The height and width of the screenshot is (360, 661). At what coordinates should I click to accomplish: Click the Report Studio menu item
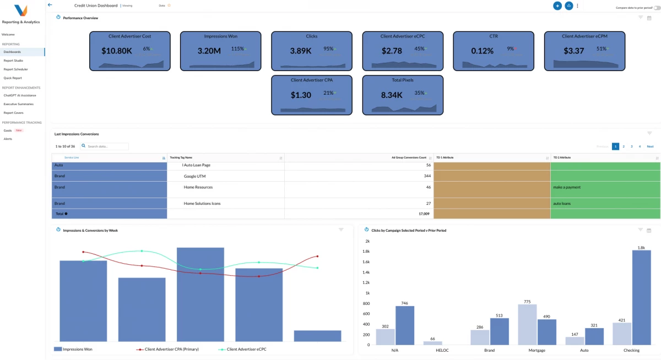click(x=13, y=61)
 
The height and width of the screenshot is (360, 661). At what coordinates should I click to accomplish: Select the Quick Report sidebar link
click(x=13, y=78)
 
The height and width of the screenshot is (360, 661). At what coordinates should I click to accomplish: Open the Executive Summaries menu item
click(x=18, y=104)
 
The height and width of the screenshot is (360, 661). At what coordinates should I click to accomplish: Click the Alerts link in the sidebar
click(x=8, y=139)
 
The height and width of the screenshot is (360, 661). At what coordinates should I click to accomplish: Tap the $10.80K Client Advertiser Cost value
click(x=117, y=51)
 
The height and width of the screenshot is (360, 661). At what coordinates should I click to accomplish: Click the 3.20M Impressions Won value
click(x=209, y=51)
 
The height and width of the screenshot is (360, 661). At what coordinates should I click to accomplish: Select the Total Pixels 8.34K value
click(x=392, y=95)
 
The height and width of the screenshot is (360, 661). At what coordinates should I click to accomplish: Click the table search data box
click(x=106, y=146)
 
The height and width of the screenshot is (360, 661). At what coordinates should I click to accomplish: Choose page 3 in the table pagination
click(x=631, y=146)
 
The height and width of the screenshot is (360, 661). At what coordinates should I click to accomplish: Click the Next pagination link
click(x=650, y=146)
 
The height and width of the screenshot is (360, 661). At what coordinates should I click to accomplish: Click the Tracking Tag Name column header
click(x=181, y=157)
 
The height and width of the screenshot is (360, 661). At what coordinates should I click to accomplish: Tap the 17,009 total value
click(x=425, y=214)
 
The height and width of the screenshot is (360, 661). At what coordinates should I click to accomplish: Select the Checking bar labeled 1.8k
click(x=641, y=297)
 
